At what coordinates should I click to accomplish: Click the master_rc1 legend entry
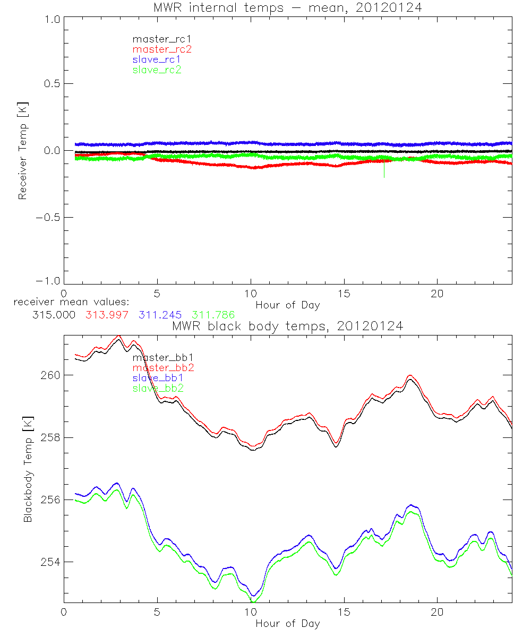(x=153, y=39)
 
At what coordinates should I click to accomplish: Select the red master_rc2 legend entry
(x=161, y=49)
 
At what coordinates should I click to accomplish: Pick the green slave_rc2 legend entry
(x=157, y=70)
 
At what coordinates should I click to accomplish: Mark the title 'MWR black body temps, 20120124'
(x=287, y=326)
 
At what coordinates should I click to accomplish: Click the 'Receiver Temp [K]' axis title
(x=22, y=151)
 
